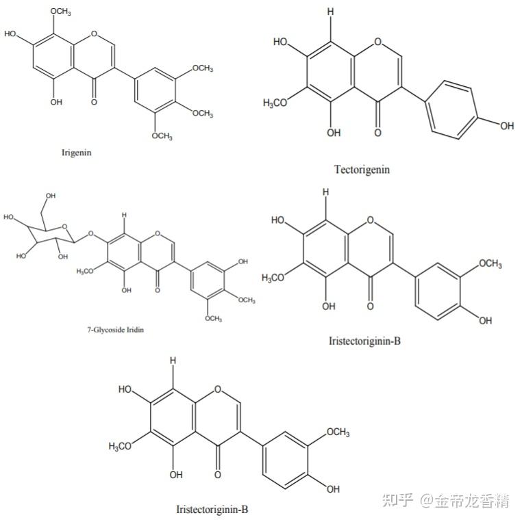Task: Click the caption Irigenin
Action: (77, 153)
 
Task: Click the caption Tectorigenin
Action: (362, 169)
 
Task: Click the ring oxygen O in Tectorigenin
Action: (379, 42)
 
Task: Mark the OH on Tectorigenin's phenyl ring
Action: (506, 125)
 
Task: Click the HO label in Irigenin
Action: (12, 34)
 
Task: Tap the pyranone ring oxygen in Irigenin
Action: (94, 33)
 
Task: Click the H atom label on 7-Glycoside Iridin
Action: (124, 215)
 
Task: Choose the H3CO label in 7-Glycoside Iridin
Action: (86, 271)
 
